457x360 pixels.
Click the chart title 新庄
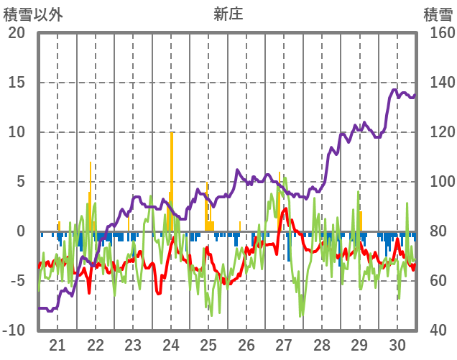click(x=228, y=14)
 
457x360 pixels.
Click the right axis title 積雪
click(x=436, y=14)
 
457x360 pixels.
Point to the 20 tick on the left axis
click(x=16, y=33)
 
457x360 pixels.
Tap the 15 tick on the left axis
click(x=16, y=83)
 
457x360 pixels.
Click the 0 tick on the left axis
click(x=20, y=231)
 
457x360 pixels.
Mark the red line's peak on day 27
click(x=285, y=209)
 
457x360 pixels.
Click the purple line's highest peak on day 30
click(x=394, y=90)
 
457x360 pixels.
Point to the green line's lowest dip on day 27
click(x=301, y=315)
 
